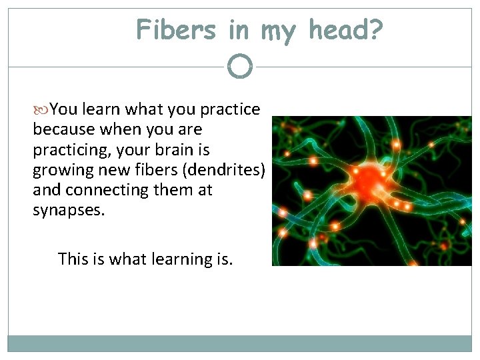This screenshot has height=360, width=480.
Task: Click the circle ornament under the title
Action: (240, 67)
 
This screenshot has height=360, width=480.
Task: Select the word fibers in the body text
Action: (150, 169)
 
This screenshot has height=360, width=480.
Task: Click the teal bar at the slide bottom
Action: (240, 343)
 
